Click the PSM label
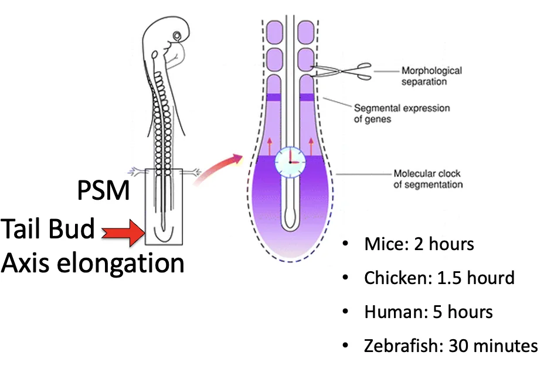point(103,190)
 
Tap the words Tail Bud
point(47,228)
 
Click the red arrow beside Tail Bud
point(123,233)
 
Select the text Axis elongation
point(92,264)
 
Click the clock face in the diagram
point(290,162)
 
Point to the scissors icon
point(341,71)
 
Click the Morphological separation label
point(431,76)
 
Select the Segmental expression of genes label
point(402,114)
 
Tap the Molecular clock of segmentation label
point(428,179)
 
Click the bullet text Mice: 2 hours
point(419,244)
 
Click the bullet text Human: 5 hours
point(429,312)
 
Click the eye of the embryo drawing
point(177,36)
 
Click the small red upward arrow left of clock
point(270,146)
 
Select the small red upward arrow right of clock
point(311,146)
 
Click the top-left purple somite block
point(275,33)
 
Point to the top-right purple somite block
point(306,33)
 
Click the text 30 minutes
point(493,346)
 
